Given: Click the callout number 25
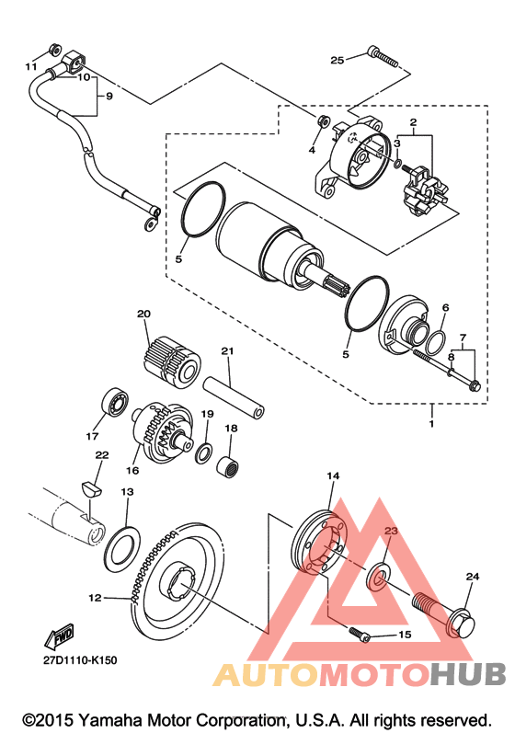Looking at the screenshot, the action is tap(337, 60).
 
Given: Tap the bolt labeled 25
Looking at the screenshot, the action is tap(383, 55).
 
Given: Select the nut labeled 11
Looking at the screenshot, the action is tap(53, 49).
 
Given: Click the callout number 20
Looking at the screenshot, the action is tap(143, 314).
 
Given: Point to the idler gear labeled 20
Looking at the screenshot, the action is tap(170, 361).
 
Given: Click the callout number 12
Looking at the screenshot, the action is tap(95, 598).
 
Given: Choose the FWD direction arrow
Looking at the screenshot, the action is tap(59, 636).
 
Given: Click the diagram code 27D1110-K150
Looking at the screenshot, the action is tap(80, 660).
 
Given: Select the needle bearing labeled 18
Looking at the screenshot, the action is tap(227, 466).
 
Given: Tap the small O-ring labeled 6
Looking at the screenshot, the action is tap(436, 344).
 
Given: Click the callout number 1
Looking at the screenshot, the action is tap(431, 424).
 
